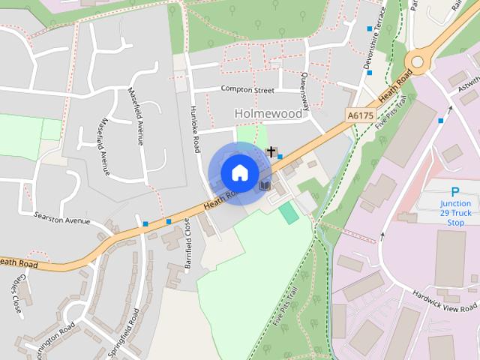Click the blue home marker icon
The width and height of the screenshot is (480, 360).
point(239,172)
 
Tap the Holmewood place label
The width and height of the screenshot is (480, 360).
point(268,114)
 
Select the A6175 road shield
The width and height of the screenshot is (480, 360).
point(360,115)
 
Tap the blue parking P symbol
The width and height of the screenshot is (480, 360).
point(454,192)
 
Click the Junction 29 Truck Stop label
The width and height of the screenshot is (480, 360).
point(455,213)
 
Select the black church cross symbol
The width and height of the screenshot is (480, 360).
point(271,151)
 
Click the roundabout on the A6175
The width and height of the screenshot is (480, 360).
point(418,61)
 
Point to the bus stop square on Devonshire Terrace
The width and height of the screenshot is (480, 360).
point(369,29)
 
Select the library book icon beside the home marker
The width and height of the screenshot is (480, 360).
point(263,184)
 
